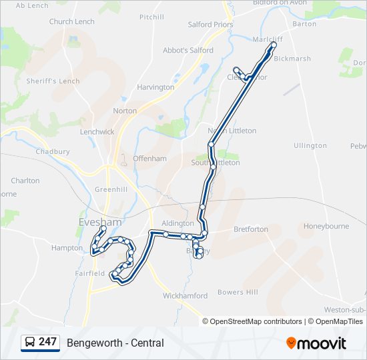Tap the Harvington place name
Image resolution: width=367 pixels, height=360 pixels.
[155, 87]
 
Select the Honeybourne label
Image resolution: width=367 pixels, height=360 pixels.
[326, 226]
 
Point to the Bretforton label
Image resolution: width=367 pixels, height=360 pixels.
[250, 229]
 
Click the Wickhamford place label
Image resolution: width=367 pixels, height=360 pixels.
[185, 295]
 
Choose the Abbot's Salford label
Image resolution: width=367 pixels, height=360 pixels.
[188, 50]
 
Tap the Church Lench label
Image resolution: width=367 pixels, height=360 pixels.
[72, 21]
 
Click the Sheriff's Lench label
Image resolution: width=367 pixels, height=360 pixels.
[53, 81]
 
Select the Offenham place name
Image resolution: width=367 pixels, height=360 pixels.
[149, 159]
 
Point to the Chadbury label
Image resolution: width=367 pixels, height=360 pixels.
[53, 151]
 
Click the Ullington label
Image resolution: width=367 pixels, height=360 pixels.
[310, 145]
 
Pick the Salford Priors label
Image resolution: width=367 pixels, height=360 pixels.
[210, 25]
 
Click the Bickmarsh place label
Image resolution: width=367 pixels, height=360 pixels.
[292, 59]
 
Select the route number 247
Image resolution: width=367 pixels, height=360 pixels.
[47, 342]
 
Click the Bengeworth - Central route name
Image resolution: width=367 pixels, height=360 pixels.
[115, 343]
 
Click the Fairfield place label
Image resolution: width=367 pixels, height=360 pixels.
[89, 273]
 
